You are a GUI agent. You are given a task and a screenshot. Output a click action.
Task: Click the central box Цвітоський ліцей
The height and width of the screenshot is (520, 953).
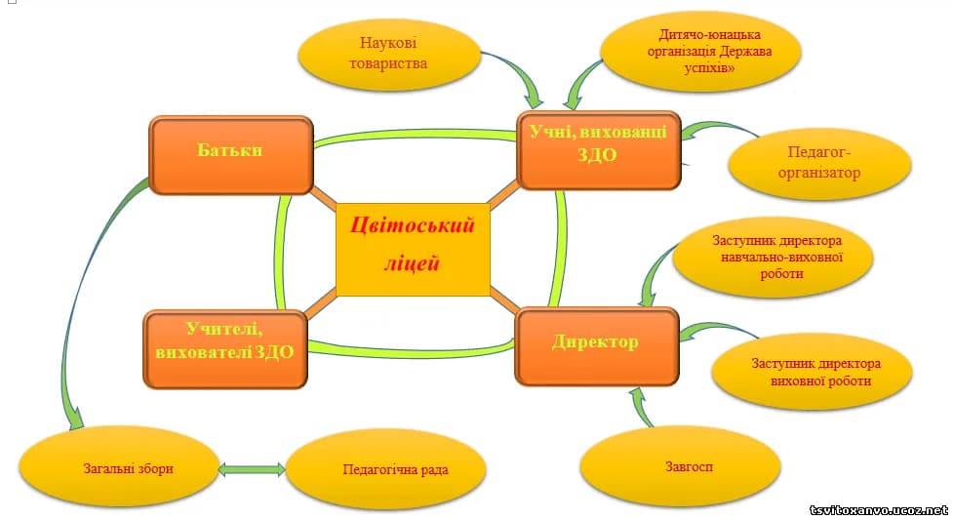[413, 250]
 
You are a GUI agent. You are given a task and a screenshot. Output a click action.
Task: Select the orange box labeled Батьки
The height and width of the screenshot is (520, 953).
[231, 155]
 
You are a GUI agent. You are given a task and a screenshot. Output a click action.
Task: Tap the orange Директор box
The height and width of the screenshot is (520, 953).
[596, 346]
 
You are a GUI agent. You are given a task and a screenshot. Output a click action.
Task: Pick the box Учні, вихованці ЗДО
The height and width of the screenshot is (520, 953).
[599, 150]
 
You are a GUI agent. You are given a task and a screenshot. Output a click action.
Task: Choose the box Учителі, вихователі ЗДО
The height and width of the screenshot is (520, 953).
[225, 348]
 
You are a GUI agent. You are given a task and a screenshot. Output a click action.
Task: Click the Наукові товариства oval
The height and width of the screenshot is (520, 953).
[389, 55]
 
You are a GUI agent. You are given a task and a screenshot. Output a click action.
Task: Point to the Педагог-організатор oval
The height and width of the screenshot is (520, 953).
[819, 164]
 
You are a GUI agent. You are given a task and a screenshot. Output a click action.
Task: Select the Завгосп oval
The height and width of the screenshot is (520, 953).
[680, 467]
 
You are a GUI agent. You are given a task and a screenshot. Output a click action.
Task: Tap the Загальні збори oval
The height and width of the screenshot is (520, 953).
[119, 467]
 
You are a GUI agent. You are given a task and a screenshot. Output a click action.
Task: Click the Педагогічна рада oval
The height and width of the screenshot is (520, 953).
[386, 469]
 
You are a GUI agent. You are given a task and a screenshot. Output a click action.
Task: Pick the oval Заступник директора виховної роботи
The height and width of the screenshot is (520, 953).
[812, 372]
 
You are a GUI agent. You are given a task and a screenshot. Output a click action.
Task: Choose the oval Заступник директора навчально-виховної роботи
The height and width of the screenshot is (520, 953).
[774, 258]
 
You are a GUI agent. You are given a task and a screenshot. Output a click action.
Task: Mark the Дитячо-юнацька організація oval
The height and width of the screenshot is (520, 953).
[700, 51]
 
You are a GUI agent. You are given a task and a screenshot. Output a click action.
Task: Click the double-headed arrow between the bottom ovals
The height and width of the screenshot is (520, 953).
[252, 469]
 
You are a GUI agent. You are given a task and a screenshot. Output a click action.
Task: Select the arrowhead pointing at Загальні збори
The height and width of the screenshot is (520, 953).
[75, 420]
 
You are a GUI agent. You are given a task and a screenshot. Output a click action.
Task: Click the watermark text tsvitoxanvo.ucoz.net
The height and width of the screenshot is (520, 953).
[879, 510]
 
